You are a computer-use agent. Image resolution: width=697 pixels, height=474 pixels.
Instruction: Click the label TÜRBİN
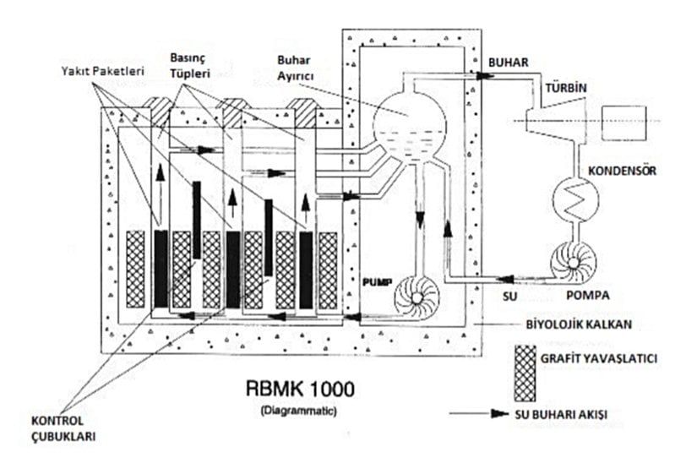point(566,88)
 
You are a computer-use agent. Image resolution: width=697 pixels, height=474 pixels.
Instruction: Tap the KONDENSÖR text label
point(622,171)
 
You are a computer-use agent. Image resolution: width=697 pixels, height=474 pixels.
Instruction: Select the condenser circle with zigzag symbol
point(575,199)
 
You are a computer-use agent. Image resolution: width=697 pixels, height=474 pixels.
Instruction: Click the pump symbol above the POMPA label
point(573,264)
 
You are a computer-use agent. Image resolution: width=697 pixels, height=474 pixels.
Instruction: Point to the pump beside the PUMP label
point(417,297)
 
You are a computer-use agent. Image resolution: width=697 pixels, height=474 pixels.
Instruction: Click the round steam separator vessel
point(409,126)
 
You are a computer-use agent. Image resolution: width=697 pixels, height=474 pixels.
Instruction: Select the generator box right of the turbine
point(623,123)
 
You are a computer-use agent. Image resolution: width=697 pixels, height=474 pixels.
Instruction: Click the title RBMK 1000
point(301,389)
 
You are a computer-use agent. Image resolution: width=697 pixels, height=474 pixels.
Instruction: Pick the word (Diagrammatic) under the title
point(299,411)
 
